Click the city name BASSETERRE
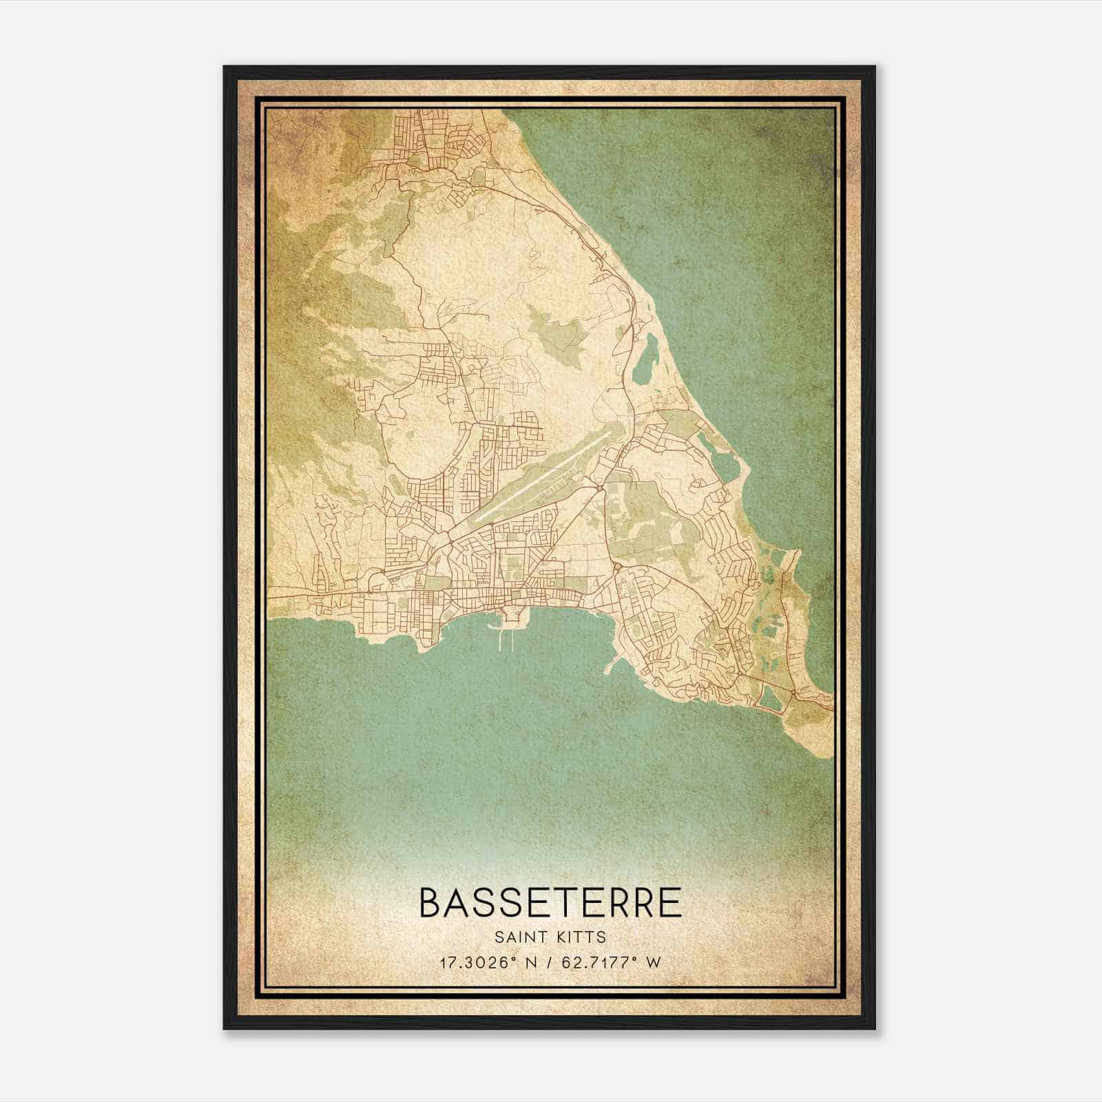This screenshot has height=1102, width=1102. [x=550, y=903]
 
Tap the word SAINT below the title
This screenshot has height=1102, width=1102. [x=521, y=937]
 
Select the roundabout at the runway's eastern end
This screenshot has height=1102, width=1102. [x=601, y=488]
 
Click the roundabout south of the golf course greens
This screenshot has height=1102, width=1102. [x=616, y=567]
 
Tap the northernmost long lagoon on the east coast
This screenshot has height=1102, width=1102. [x=646, y=358]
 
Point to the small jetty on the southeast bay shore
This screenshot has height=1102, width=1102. [x=610, y=667]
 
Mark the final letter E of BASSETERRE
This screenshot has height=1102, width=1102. [x=670, y=903]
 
